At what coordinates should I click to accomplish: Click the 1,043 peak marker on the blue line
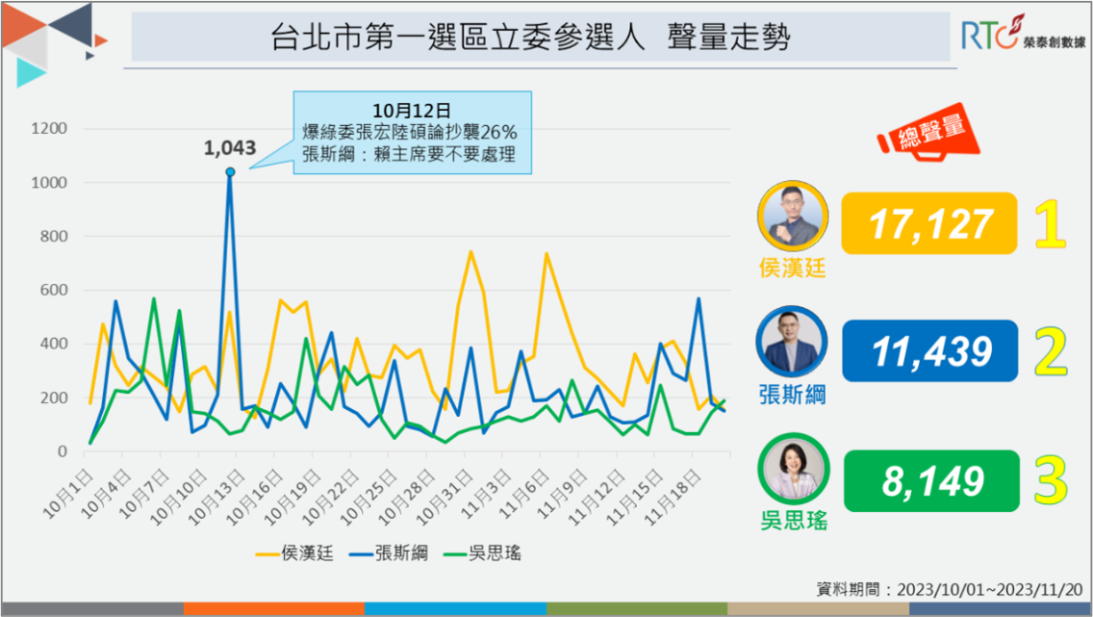[x=230, y=172]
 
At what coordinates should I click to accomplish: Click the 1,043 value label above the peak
[x=230, y=148]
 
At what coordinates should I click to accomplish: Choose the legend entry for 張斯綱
[x=390, y=553]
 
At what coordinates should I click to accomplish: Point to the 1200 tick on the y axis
[x=48, y=129]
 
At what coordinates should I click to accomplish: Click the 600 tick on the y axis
[x=52, y=290]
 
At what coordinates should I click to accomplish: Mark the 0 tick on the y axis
[x=63, y=451]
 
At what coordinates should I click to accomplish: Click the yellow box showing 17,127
[x=929, y=223]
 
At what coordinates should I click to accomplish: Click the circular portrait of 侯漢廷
[x=794, y=215]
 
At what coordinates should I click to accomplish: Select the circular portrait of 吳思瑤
[x=794, y=470]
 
